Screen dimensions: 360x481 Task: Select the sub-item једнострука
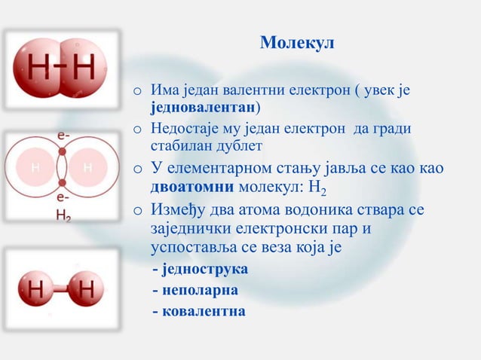tap(204, 269)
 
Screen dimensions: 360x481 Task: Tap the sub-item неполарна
tap(199, 289)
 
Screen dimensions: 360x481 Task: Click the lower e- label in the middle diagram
tap(63, 196)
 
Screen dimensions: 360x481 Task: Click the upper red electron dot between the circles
tap(62, 151)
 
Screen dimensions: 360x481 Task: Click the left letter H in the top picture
tap(40, 69)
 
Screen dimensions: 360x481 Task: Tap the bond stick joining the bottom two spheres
tap(62, 288)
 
